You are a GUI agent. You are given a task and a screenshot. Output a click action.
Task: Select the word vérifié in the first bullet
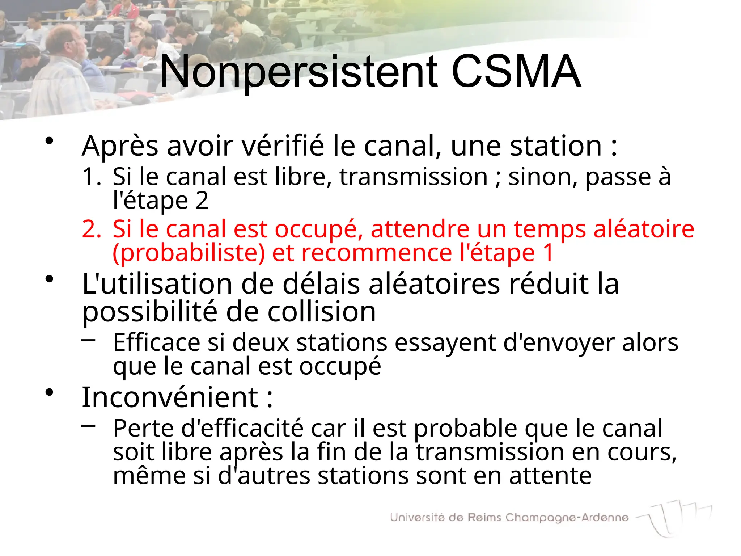pyautogui.click(x=283, y=146)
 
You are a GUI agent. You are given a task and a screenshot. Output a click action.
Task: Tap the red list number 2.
pyautogui.click(x=92, y=229)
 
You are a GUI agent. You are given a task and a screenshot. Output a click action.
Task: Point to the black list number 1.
pyautogui.click(x=92, y=177)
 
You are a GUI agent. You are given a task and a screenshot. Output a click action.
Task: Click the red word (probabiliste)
pyautogui.click(x=189, y=253)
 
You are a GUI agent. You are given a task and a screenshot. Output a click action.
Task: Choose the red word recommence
pyautogui.click(x=377, y=253)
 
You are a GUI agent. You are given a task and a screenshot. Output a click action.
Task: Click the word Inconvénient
pyautogui.click(x=170, y=397)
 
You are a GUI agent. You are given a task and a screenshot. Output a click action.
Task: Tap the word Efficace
pyautogui.click(x=157, y=342)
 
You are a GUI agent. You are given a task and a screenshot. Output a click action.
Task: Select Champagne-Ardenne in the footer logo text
pyautogui.click(x=567, y=518)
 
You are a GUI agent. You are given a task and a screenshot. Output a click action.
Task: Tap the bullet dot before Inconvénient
pyautogui.click(x=50, y=392)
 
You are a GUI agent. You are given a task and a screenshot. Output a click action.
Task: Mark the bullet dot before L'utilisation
pyautogui.click(x=50, y=279)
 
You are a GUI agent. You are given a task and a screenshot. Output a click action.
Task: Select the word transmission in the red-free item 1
pyautogui.click(x=414, y=177)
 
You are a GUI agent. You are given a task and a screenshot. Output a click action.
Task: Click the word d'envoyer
pyautogui.click(x=559, y=342)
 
